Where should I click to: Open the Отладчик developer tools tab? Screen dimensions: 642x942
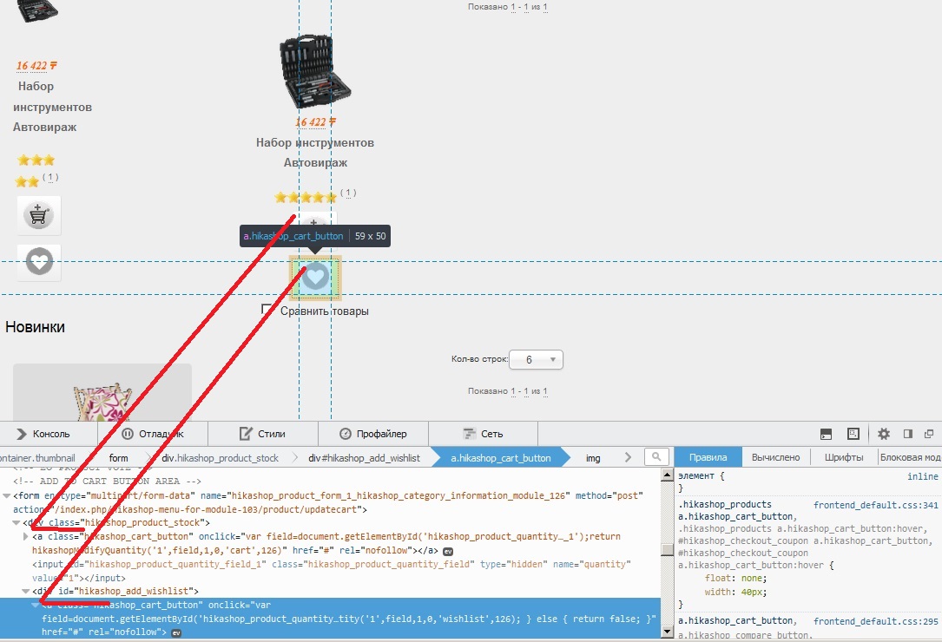pos(153,434)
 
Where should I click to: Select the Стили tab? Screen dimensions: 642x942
pos(261,434)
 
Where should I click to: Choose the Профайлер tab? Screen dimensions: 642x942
pos(373,434)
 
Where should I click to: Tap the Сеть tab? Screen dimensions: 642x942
pos(483,434)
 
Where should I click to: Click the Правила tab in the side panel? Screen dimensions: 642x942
pos(708,457)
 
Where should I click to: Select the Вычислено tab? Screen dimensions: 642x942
pos(775,457)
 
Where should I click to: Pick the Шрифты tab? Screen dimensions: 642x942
pos(843,457)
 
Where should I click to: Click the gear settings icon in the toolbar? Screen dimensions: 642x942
pos(884,434)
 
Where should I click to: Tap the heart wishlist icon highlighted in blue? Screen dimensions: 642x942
pos(315,277)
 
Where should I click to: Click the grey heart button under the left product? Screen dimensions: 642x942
pos(39,261)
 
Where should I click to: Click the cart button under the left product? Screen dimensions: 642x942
pos(39,215)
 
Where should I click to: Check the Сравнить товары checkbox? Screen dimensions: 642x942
pos(268,311)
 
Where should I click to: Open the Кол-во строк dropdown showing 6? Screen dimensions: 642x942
pos(537,359)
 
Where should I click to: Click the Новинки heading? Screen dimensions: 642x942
pos(36,327)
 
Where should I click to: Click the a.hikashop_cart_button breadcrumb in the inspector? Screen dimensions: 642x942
pos(500,457)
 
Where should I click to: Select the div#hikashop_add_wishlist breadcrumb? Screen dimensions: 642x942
pos(364,457)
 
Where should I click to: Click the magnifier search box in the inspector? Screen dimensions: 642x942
pos(657,457)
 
